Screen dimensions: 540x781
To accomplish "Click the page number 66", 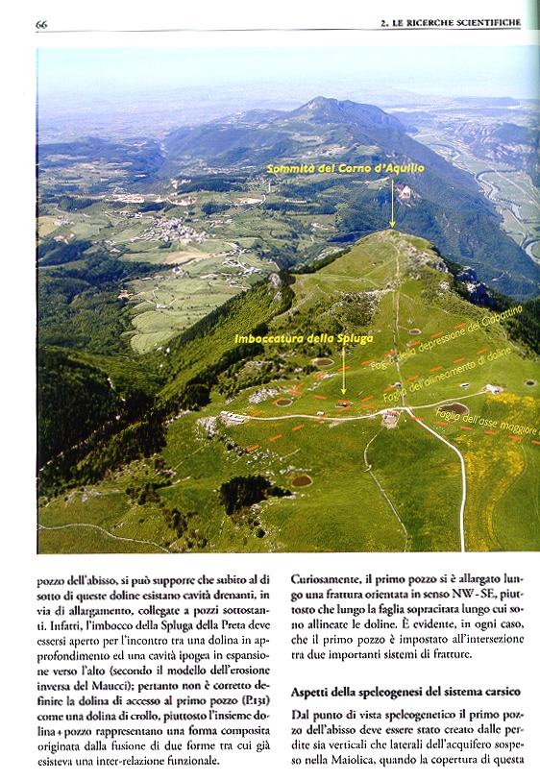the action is [x=42, y=23].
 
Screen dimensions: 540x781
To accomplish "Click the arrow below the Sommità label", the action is [x=392, y=207].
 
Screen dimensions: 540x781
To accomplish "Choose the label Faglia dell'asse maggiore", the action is [x=486, y=422].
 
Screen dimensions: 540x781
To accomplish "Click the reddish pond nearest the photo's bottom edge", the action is [x=302, y=479].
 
